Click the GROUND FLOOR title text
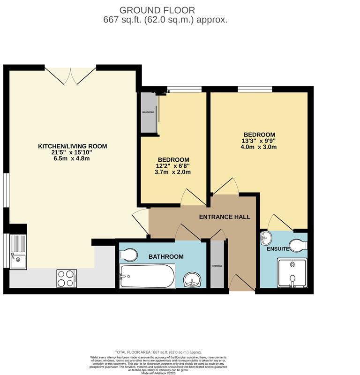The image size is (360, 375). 157,10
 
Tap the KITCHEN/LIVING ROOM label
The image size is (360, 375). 72,146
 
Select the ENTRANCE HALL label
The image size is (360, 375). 225,217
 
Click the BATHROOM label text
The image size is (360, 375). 166,256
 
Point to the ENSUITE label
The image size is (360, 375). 278,248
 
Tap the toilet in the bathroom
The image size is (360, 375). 127,255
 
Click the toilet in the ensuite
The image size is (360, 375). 298,245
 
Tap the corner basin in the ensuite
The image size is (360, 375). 266,238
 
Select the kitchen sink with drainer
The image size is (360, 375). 18,253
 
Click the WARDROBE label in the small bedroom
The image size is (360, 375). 148,112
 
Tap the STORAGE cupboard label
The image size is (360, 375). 217,266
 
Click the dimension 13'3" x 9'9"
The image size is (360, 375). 259,141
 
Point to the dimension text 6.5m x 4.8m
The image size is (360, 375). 72,158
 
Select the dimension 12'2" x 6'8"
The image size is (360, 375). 173,166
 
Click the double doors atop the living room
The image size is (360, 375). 70,75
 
